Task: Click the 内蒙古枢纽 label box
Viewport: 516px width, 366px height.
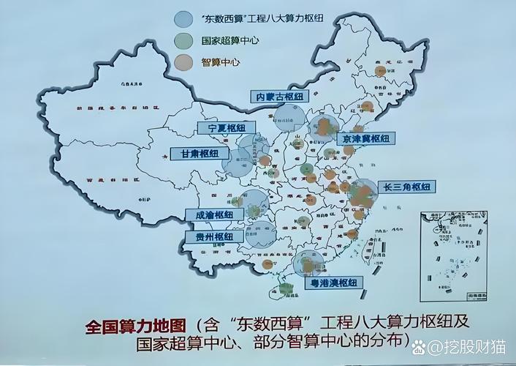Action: tap(278, 96)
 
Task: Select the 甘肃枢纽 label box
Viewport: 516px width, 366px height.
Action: tap(194, 154)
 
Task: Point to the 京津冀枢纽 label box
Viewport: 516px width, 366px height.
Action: tap(365, 138)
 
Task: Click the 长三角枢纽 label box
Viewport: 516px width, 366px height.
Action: tap(408, 187)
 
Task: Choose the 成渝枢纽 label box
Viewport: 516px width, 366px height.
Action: tap(214, 215)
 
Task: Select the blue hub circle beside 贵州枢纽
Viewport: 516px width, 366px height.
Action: tap(261, 234)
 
